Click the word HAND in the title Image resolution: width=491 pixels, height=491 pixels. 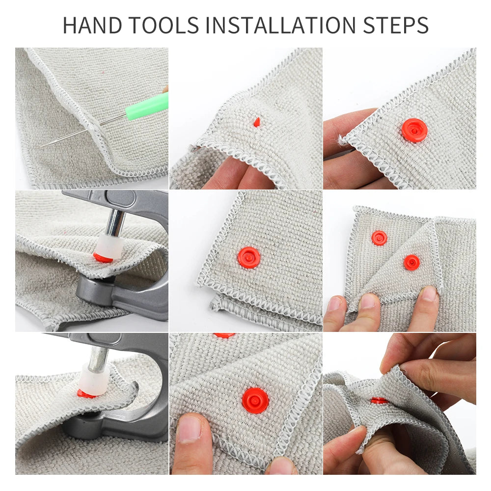(93, 25)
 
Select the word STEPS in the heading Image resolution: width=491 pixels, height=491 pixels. (396, 25)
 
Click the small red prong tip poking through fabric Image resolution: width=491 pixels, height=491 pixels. (256, 122)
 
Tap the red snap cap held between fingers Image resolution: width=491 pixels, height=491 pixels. (414, 130)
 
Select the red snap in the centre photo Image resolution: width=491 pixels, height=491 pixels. (249, 257)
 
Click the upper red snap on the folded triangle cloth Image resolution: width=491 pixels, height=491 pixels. (379, 238)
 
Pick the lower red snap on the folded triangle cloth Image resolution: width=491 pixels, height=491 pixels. (411, 262)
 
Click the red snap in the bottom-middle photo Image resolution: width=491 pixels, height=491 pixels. (255, 400)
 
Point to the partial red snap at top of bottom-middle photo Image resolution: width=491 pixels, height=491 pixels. (224, 335)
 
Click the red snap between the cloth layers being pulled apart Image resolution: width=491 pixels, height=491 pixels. (379, 401)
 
